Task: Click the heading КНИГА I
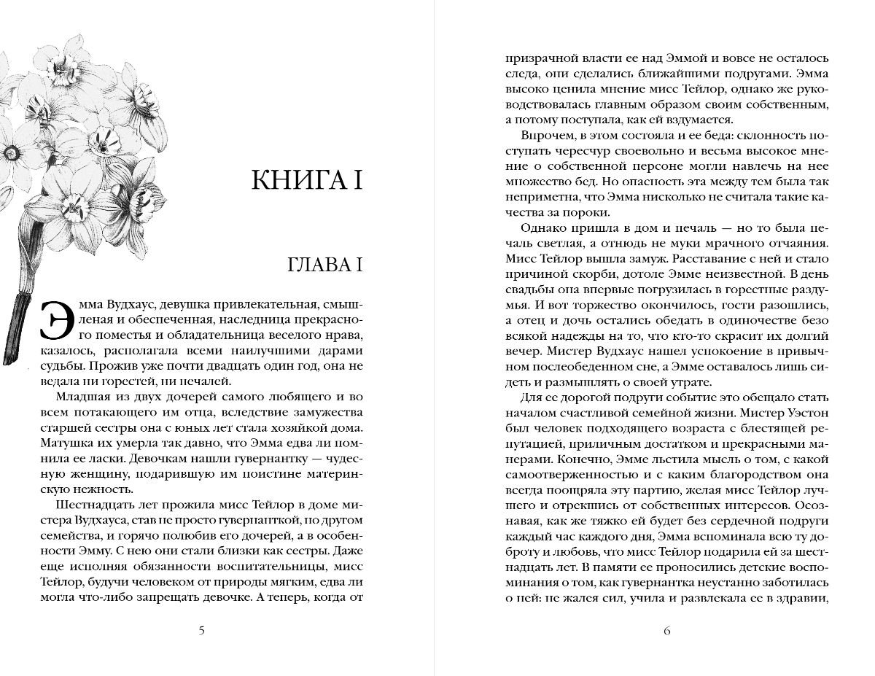[306, 179]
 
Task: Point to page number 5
[201, 631]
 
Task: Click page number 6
[666, 631]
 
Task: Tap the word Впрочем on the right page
[546, 136]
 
